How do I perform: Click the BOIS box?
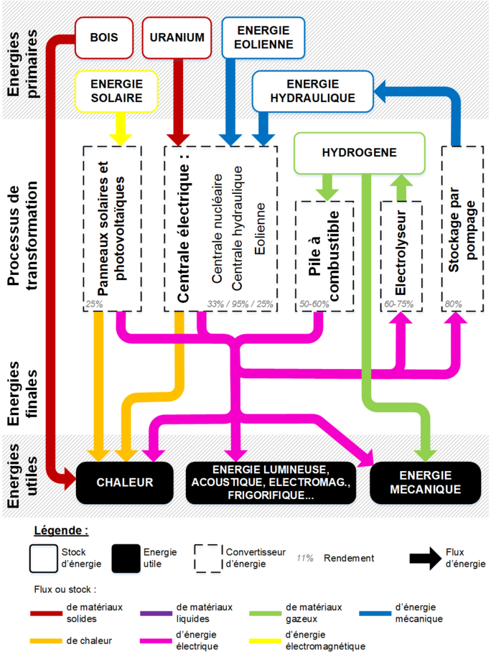[x=103, y=37]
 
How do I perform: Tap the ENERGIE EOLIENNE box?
[x=263, y=37]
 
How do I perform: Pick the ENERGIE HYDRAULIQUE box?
[x=312, y=90]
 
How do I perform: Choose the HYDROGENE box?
[x=359, y=153]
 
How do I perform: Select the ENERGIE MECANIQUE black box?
[x=424, y=483]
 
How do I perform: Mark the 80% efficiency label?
[x=453, y=304]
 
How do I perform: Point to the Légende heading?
[x=61, y=532]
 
